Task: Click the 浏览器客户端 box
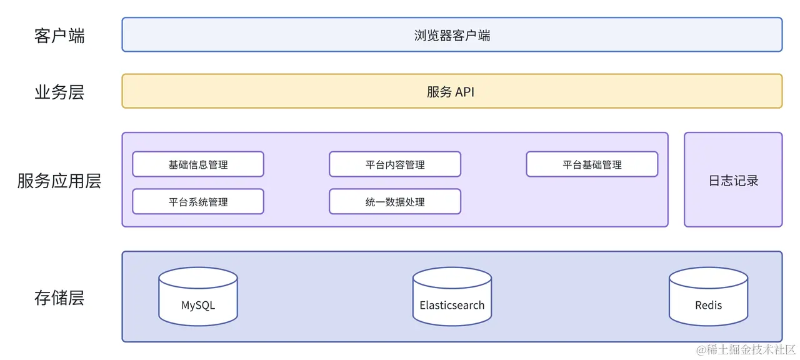[452, 34]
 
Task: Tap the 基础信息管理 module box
[197, 164]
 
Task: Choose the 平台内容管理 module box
[394, 164]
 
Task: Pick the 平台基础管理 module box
[591, 164]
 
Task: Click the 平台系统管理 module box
[197, 202]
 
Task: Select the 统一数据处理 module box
[394, 202]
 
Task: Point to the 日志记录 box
[732, 180]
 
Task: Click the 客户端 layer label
[59, 36]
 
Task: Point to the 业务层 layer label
[59, 92]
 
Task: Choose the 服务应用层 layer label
[59, 181]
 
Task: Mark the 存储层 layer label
[59, 298]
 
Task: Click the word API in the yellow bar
[464, 92]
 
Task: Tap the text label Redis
[707, 306]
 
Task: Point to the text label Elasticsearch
[451, 306]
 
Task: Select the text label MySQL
[197, 306]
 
